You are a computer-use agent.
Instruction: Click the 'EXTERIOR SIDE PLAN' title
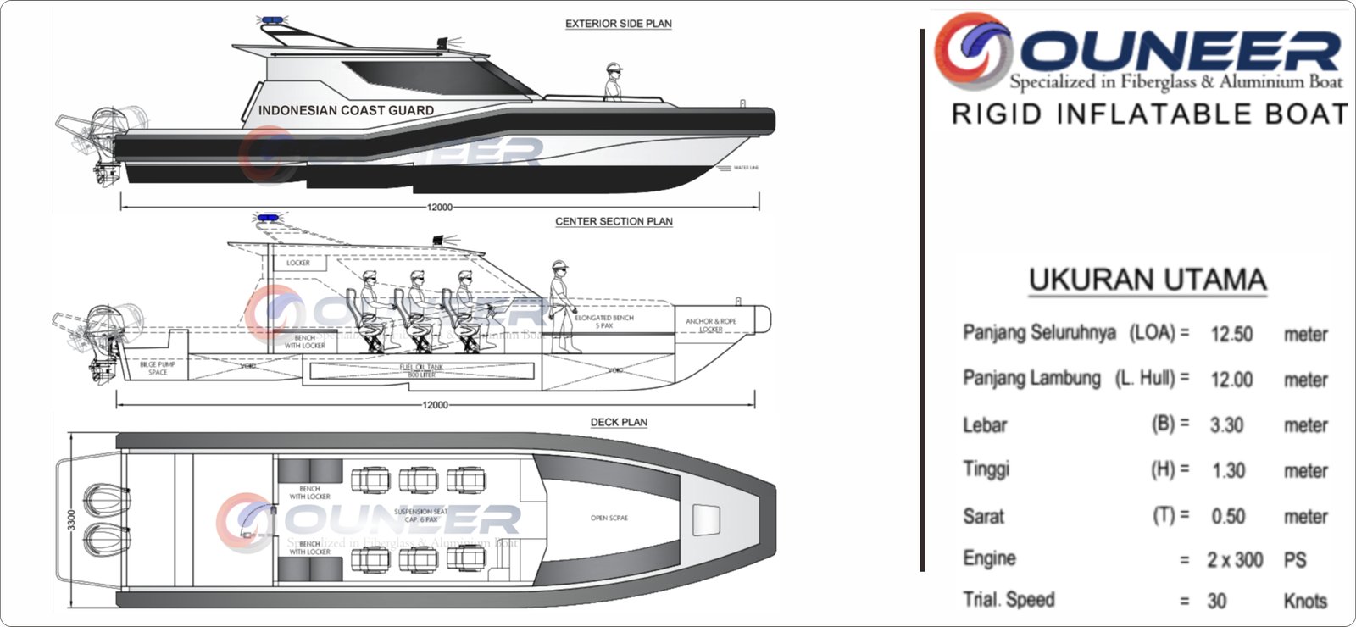[x=618, y=24]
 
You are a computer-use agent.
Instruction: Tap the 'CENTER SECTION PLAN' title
[x=614, y=221]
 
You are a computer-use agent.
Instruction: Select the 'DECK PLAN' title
[x=619, y=422]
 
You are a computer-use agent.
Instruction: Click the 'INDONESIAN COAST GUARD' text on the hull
[x=346, y=110]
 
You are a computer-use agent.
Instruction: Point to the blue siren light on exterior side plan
[x=271, y=20]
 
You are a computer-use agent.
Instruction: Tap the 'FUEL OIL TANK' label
[x=421, y=370]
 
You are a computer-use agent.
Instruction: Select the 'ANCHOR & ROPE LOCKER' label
[x=711, y=325]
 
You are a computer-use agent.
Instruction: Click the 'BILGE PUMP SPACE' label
[x=158, y=369]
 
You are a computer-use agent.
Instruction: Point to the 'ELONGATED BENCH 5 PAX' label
[x=604, y=321]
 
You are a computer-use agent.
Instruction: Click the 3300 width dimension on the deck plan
[x=72, y=519]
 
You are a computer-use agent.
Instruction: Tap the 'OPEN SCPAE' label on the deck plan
[x=609, y=518]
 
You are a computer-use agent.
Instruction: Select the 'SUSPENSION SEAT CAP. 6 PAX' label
[x=421, y=515]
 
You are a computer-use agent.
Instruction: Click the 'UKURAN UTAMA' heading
[x=1148, y=280]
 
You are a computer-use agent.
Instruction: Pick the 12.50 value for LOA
[x=1231, y=334]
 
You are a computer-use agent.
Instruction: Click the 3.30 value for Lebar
[x=1226, y=425]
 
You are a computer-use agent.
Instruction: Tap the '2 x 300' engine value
[x=1235, y=560]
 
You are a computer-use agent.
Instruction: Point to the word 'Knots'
[x=1305, y=601]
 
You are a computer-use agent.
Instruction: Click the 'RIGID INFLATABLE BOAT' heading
[x=1149, y=114]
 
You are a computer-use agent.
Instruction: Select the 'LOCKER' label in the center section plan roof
[x=297, y=263]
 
